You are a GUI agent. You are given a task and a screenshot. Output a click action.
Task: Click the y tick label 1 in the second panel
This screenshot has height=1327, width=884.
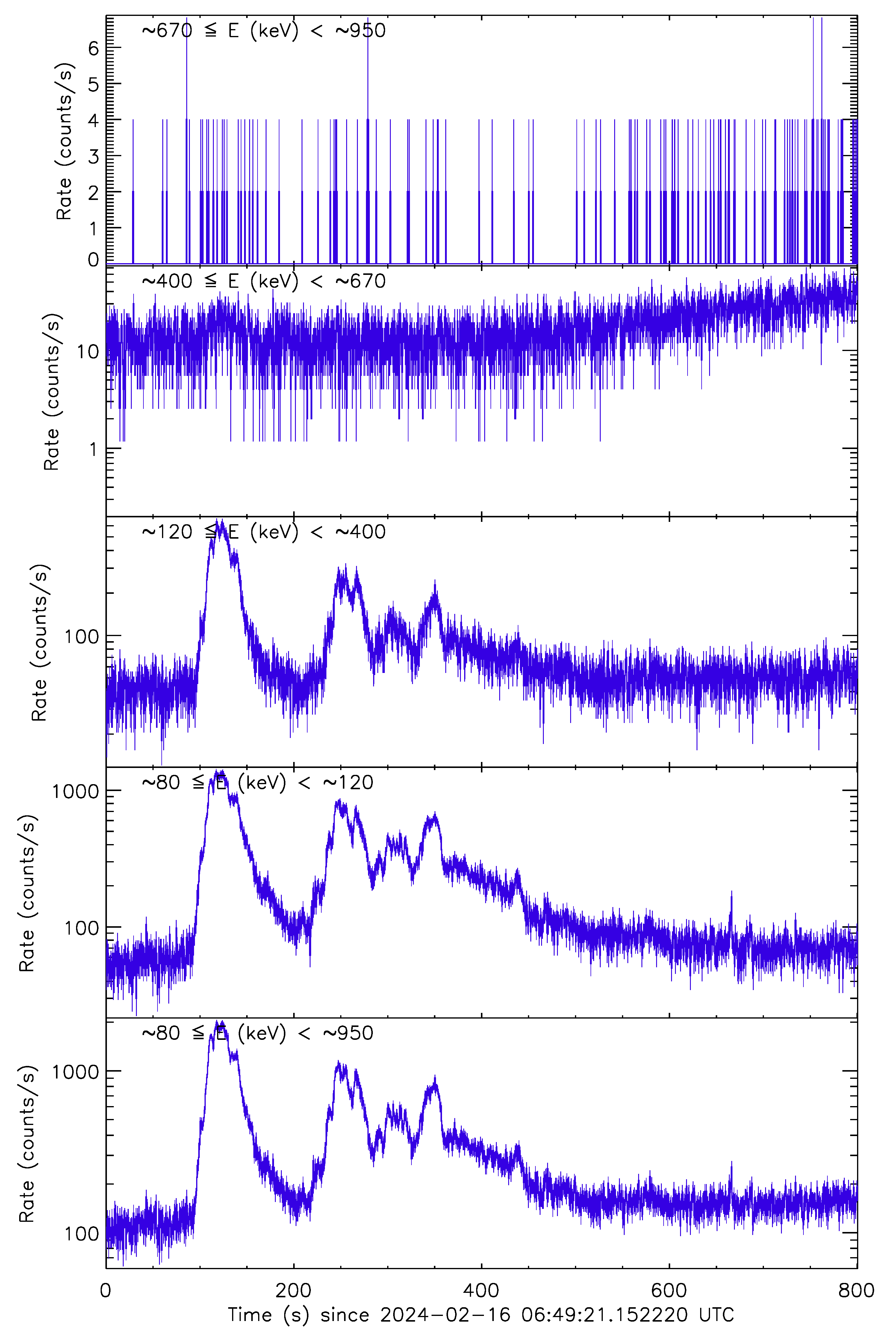(x=94, y=450)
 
